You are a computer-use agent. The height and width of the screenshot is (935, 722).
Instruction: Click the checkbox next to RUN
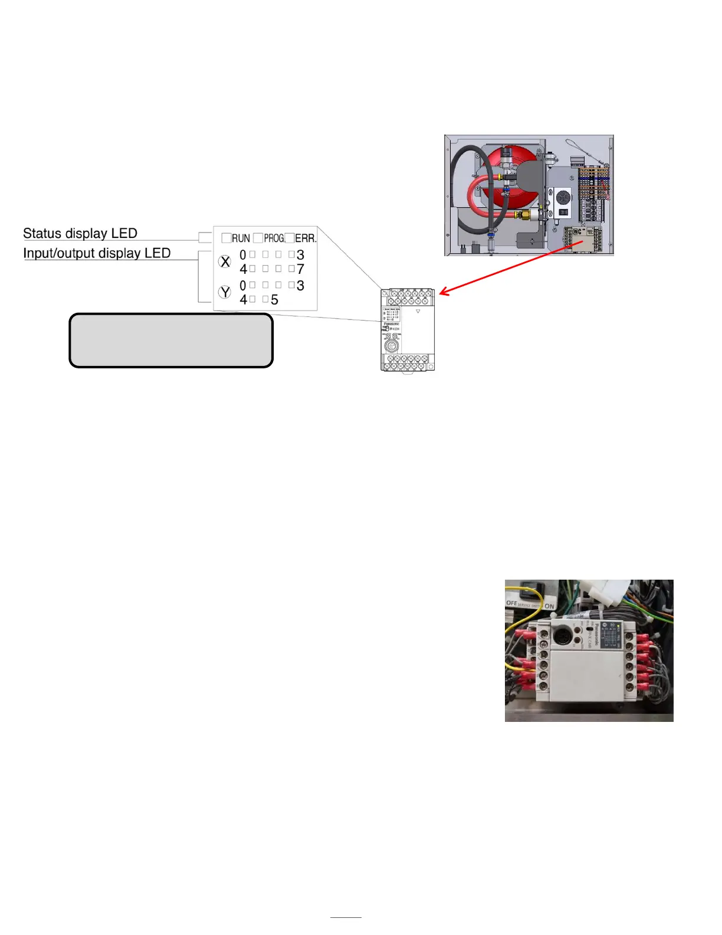click(226, 238)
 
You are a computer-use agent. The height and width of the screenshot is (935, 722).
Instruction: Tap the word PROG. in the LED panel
click(274, 238)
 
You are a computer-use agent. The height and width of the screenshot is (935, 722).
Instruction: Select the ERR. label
click(306, 238)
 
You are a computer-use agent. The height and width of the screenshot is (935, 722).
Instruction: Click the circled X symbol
click(225, 261)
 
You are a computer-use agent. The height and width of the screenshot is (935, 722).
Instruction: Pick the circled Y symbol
click(225, 292)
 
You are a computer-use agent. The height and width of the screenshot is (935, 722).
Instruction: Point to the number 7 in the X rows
click(300, 269)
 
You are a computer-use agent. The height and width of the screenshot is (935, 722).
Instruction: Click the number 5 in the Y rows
click(274, 300)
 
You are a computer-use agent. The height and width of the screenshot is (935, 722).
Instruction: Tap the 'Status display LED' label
click(80, 233)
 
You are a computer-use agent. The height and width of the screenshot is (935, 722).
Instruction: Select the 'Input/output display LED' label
click(97, 253)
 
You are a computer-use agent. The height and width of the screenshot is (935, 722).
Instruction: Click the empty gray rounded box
click(171, 341)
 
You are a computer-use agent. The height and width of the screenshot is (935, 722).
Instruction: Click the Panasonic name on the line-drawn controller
click(392, 324)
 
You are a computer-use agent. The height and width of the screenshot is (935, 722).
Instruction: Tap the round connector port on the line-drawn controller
click(390, 345)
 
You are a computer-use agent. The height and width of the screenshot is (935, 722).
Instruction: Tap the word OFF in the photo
click(511, 603)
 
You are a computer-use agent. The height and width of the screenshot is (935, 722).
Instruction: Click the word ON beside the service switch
click(549, 606)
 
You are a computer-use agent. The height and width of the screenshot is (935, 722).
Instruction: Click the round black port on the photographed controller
click(562, 636)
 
